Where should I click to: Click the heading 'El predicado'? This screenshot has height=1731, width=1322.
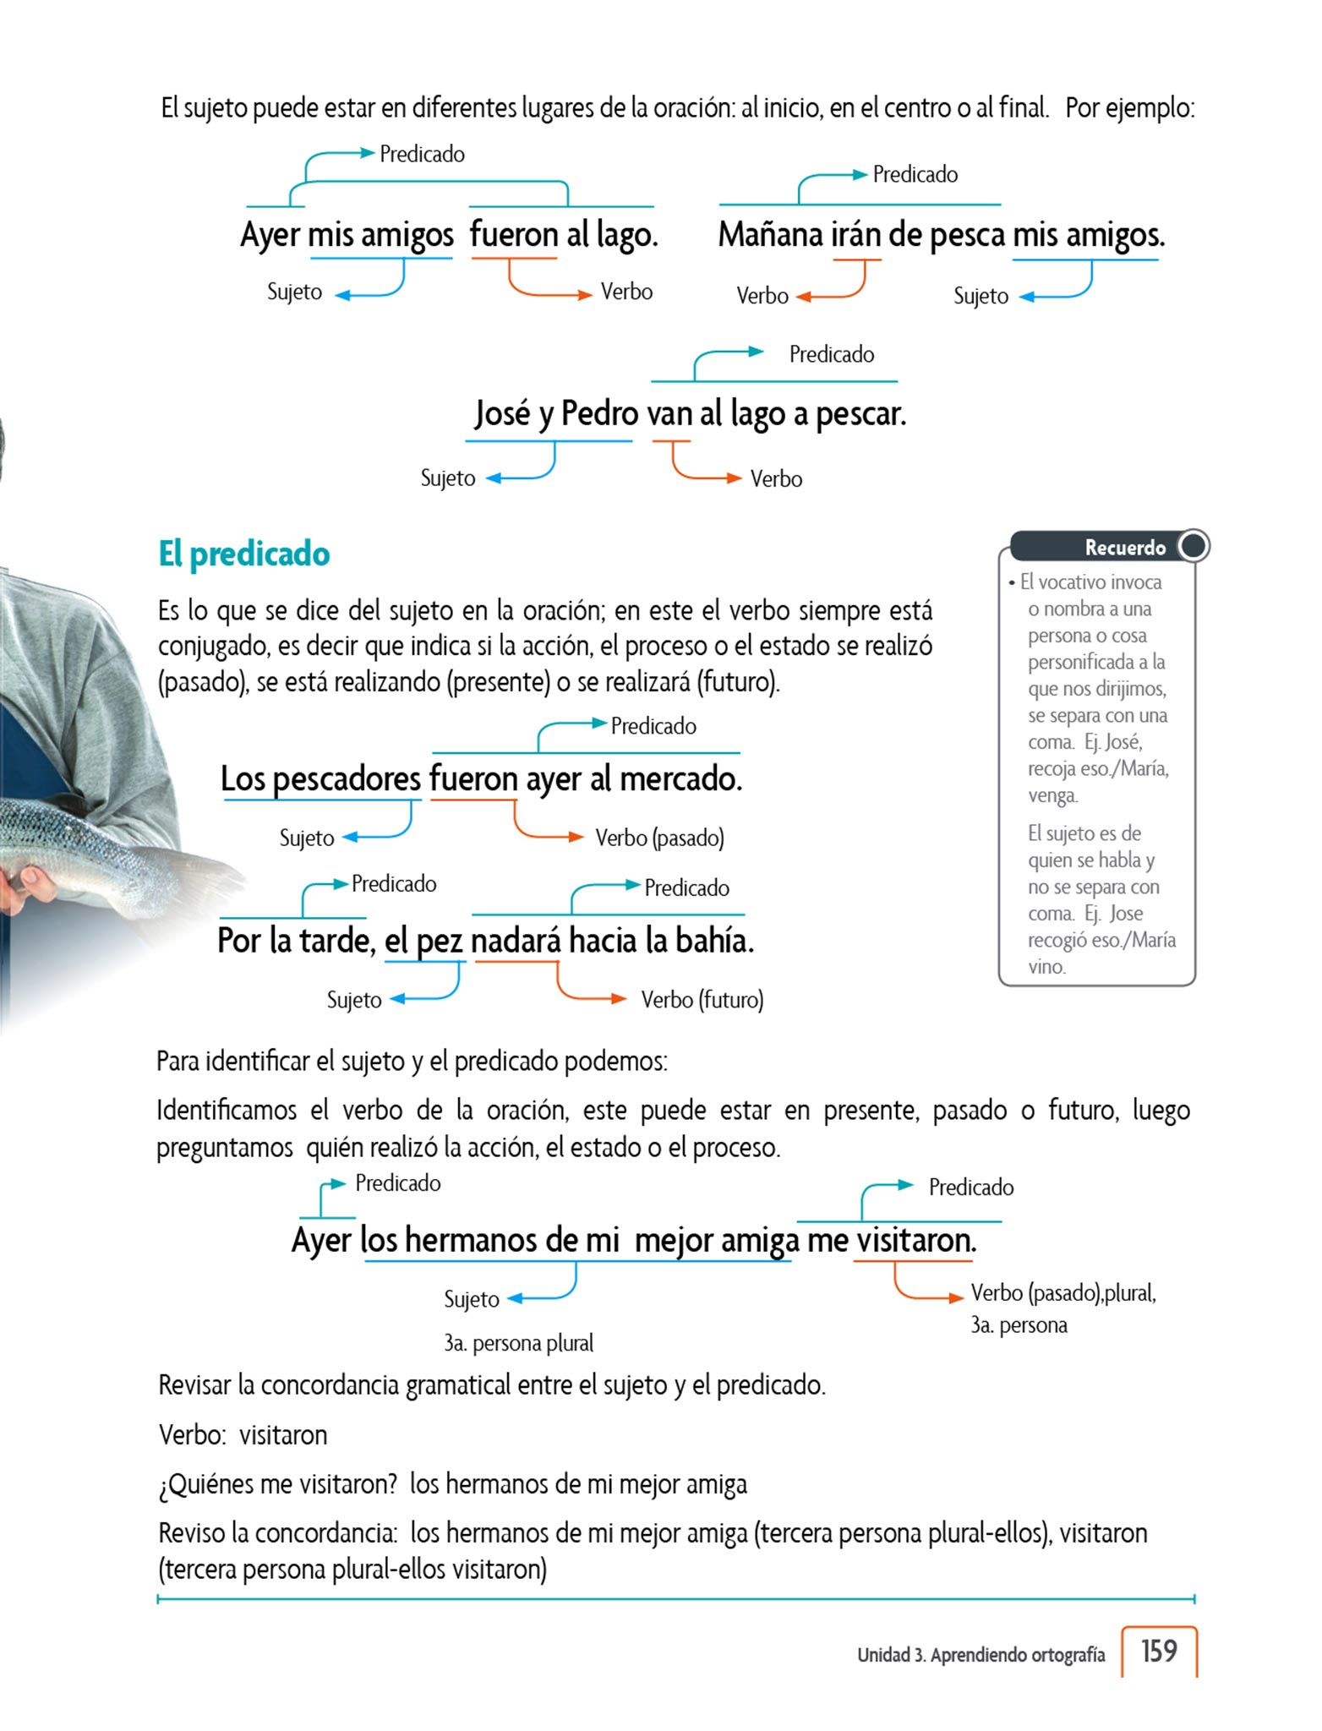click(x=243, y=554)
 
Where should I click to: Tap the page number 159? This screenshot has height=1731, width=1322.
click(x=1158, y=1651)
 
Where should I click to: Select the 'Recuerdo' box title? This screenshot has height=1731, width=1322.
click(x=1124, y=548)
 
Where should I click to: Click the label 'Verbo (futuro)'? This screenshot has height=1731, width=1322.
click(x=702, y=1000)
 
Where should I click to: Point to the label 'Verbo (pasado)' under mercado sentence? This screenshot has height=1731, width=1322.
click(x=659, y=838)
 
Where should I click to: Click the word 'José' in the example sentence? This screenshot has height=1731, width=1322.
click(x=502, y=414)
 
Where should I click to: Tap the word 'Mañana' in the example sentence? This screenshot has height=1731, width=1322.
click(x=770, y=235)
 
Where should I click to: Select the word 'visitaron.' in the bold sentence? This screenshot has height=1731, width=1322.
click(x=916, y=1240)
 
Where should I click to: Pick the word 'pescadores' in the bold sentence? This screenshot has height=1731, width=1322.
click(x=347, y=778)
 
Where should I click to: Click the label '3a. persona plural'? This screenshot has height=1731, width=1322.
click(x=518, y=1343)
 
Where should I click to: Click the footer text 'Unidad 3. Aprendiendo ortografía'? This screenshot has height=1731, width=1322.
click(x=981, y=1655)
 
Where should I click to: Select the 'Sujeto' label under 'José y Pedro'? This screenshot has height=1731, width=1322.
click(x=448, y=478)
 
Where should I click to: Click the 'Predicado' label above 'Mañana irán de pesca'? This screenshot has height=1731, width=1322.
click(x=915, y=175)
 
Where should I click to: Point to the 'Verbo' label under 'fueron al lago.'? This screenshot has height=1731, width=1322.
click(x=626, y=292)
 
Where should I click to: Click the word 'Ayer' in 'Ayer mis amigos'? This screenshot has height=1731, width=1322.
click(x=270, y=235)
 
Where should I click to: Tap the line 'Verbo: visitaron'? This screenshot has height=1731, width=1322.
click(x=243, y=1435)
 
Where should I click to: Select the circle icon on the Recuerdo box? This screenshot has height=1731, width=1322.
click(x=1194, y=545)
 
